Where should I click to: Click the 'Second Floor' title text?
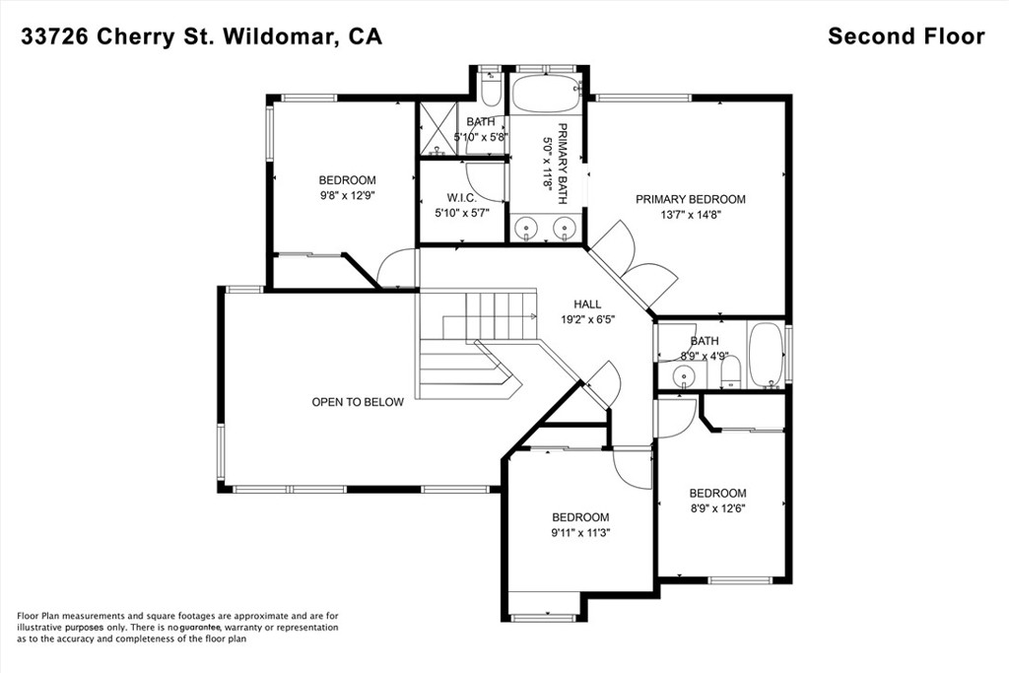pyautogui.click(x=907, y=36)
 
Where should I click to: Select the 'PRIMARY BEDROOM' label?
pyautogui.click(x=691, y=199)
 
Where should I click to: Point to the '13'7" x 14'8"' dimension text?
pyautogui.click(x=691, y=215)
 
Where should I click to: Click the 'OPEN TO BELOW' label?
pyautogui.click(x=358, y=402)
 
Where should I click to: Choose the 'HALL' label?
pyautogui.click(x=587, y=303)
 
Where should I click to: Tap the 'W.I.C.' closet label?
pyautogui.click(x=462, y=198)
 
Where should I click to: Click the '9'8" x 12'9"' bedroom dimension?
pyautogui.click(x=348, y=196)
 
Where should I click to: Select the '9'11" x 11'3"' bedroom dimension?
pyautogui.click(x=580, y=533)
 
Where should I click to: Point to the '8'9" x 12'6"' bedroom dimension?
pyautogui.click(x=717, y=508)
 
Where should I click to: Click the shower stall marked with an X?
pyautogui.click(x=437, y=128)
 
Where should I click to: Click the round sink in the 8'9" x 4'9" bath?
pyautogui.click(x=682, y=375)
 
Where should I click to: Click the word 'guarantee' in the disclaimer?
pyautogui.click(x=200, y=628)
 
